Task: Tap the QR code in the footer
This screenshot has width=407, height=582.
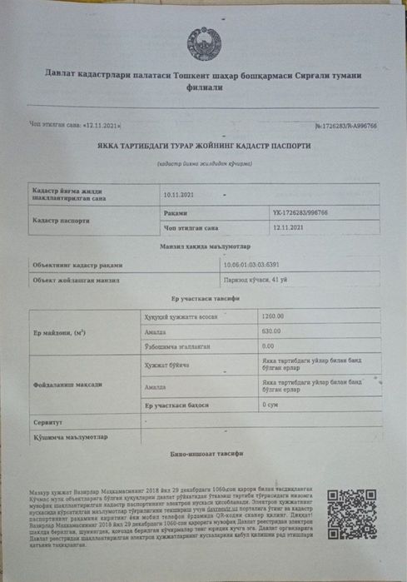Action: click(x=351, y=513)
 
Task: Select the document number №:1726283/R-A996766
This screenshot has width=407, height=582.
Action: click(x=345, y=126)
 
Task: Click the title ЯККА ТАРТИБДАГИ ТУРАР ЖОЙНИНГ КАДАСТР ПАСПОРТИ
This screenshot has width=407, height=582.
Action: click(x=203, y=146)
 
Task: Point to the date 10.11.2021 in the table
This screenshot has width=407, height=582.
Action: click(x=179, y=196)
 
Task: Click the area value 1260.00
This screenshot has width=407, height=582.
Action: click(x=273, y=316)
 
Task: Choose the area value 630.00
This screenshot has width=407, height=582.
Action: click(x=272, y=331)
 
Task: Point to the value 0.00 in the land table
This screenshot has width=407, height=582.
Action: click(x=268, y=346)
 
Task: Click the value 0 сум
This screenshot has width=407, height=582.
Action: click(x=271, y=404)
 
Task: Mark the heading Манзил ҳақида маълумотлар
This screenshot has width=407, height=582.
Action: click(x=203, y=247)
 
